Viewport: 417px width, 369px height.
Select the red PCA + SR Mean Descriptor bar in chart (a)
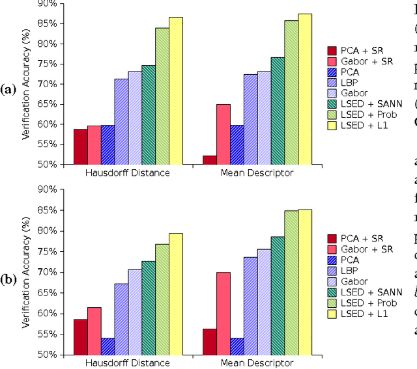click(x=210, y=159)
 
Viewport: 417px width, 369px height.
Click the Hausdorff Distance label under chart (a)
click(x=128, y=173)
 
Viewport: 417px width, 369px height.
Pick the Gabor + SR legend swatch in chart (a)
click(x=332, y=61)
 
